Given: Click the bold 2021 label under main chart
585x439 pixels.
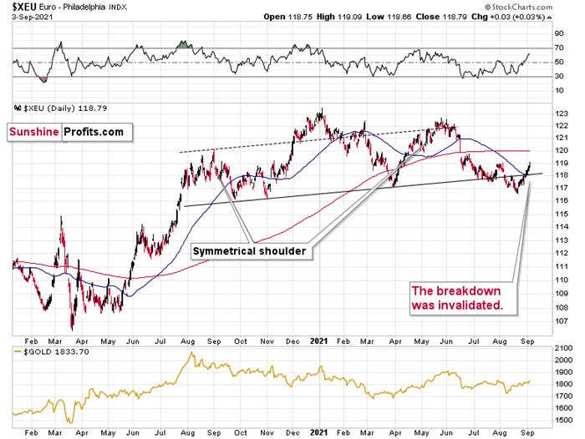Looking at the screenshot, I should click(319, 340).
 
